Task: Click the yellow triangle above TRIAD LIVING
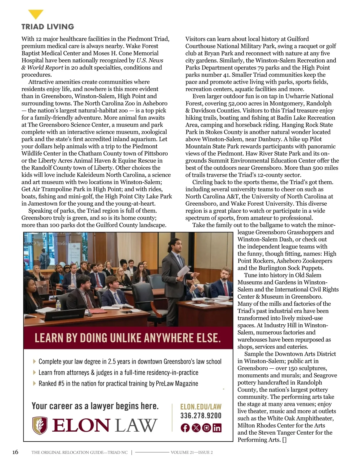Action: (36, 14)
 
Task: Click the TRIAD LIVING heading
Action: (48, 27)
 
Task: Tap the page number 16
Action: (15, 452)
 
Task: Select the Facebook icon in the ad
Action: (185, 428)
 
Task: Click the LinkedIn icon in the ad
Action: (217, 428)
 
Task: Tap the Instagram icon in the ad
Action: (206, 428)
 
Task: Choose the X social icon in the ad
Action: (196, 428)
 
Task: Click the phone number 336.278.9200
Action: (201, 416)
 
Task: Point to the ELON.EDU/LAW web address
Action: (201, 407)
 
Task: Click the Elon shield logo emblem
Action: (40, 426)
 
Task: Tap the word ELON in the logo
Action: (81, 426)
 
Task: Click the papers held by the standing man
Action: (184, 271)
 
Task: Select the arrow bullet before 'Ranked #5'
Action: (34, 383)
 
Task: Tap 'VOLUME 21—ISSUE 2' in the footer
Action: (192, 452)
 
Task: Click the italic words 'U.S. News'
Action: (150, 61)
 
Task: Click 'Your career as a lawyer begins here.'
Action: (95, 406)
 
